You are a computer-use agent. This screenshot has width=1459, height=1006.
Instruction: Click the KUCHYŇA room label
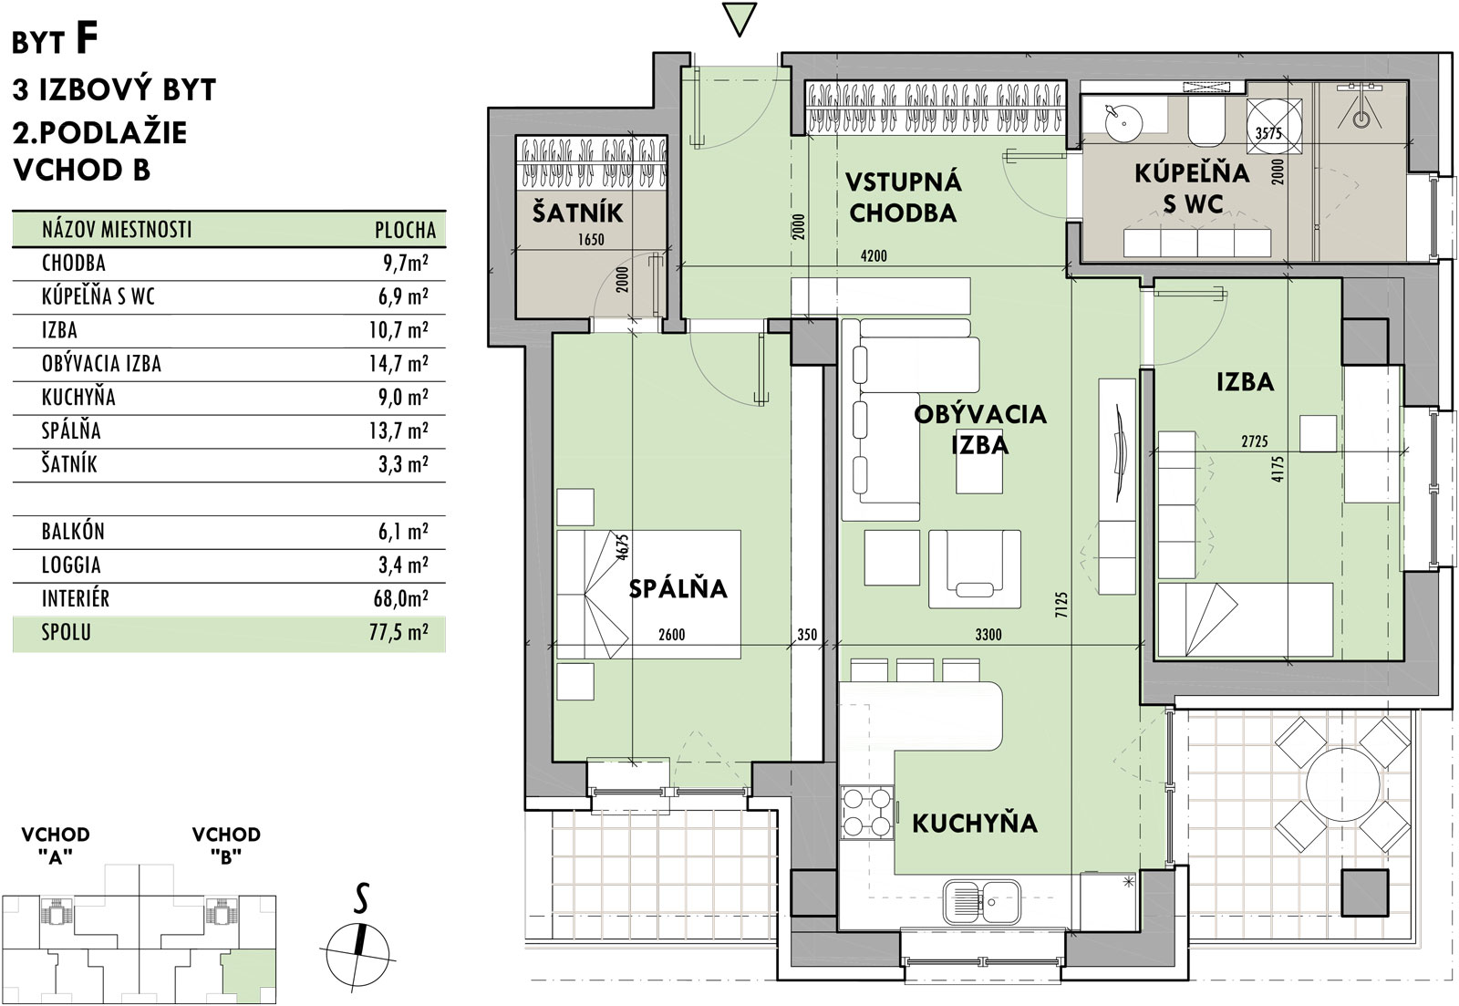tap(974, 824)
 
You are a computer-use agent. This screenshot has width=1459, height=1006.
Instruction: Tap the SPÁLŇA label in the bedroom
tap(678, 588)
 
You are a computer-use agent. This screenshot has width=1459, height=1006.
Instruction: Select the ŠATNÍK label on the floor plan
tap(578, 213)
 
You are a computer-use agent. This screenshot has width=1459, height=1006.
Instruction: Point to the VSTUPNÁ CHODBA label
tap(903, 197)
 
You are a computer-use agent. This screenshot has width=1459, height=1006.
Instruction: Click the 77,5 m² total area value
tap(398, 632)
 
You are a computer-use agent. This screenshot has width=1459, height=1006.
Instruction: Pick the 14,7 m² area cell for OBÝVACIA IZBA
tap(398, 363)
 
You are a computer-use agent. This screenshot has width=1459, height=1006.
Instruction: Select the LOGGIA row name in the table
tap(71, 565)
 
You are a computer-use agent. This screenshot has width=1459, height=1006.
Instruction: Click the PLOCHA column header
tap(405, 230)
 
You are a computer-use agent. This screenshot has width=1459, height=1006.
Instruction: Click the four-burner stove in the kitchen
tap(866, 812)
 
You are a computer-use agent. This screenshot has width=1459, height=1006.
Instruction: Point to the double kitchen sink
tap(982, 902)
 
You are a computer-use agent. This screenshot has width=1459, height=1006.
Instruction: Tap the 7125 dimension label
tap(1062, 604)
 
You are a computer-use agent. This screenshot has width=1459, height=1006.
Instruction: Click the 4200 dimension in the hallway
tap(874, 256)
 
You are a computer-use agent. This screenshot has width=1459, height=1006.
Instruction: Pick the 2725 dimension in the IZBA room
tap(1255, 441)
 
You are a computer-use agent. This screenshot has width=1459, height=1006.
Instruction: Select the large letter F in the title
tap(87, 38)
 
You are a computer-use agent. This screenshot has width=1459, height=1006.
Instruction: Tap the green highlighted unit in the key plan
tap(247, 978)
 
